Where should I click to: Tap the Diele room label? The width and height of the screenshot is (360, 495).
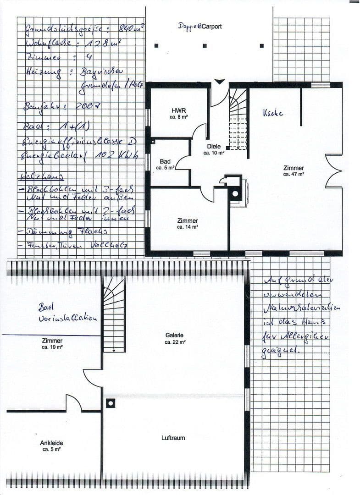[214, 149]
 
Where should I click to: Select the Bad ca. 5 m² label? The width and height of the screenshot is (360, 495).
[165, 165]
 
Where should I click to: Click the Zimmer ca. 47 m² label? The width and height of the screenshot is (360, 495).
[294, 171]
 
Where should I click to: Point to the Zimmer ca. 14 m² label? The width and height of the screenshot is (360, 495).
[188, 224]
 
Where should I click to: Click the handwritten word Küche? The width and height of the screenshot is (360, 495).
[273, 112]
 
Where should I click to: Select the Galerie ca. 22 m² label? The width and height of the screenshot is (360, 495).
[175, 338]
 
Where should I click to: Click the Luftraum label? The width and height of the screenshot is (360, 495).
[173, 438]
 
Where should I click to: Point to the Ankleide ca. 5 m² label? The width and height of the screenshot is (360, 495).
[52, 446]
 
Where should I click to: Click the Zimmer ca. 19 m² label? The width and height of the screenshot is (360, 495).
[52, 344]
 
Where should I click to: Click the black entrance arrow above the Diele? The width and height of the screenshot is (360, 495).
[220, 82]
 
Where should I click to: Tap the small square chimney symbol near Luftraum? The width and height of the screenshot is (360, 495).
[110, 403]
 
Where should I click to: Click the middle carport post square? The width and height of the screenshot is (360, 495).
[205, 46]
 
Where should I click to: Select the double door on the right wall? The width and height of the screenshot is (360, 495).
[334, 171]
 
